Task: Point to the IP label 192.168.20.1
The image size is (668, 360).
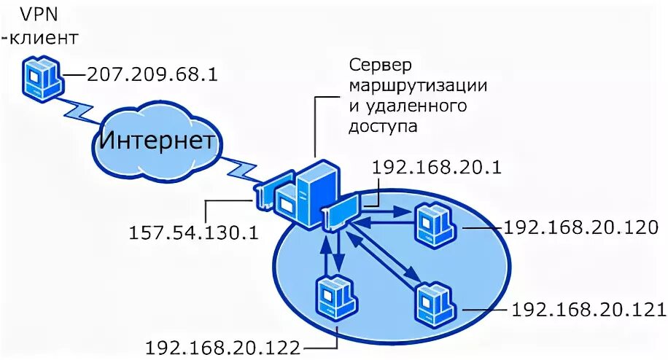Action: coord(435,167)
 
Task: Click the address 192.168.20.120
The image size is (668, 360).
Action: coord(581,227)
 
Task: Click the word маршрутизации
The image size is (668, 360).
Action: coord(418,85)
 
